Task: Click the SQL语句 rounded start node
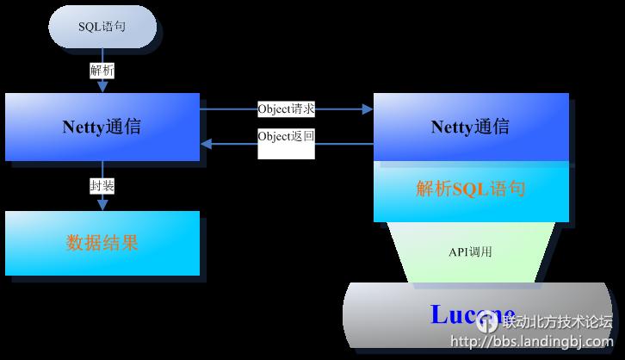pos(102,27)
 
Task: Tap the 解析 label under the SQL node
pos(102,71)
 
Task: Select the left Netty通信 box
pos(102,127)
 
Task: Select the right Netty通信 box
pos(470,127)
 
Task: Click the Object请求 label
pos(286,109)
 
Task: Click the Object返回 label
pos(286,136)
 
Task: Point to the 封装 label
pos(102,186)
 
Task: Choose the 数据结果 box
pos(102,243)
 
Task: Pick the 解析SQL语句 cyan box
pos(470,189)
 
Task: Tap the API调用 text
pos(470,251)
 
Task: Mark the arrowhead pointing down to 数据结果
pos(102,205)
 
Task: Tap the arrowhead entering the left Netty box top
pos(102,88)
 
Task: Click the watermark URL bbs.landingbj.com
pos(531,342)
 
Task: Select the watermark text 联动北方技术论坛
pos(556,322)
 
